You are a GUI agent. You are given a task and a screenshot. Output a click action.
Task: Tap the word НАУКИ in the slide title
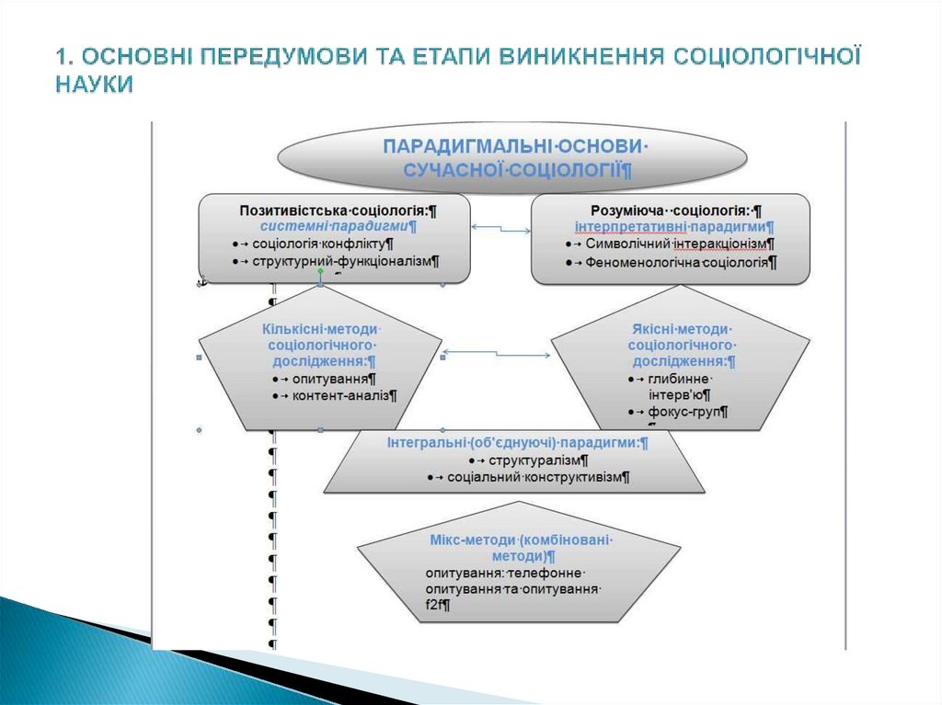[x=94, y=84]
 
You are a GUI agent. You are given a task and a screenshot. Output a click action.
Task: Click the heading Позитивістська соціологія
[x=338, y=210]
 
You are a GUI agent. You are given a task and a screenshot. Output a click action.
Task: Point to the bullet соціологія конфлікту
[x=323, y=244]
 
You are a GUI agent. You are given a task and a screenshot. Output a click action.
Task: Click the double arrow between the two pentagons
[x=497, y=352]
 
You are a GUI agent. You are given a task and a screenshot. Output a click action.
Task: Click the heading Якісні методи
[x=681, y=329]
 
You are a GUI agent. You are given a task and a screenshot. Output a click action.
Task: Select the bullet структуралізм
[x=537, y=460]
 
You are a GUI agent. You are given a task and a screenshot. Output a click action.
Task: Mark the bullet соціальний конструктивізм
[x=537, y=477]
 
